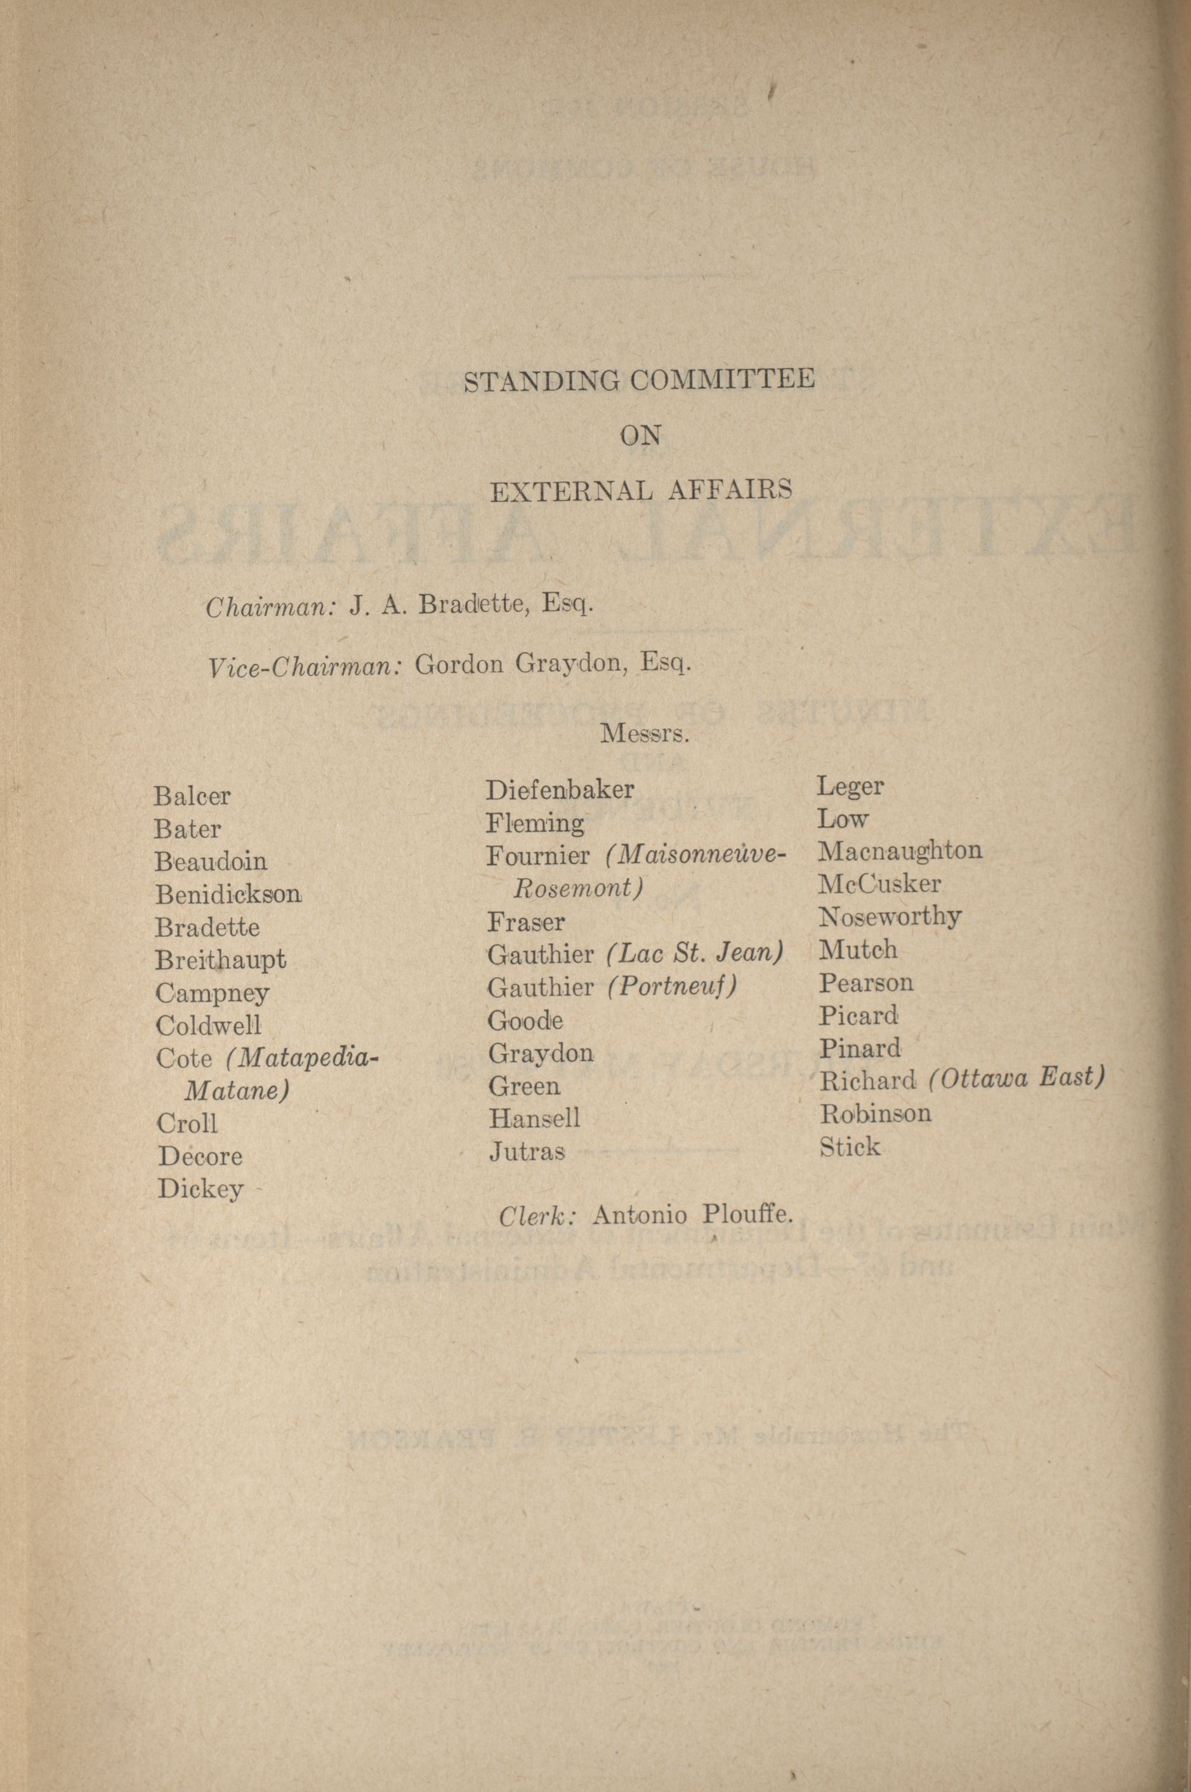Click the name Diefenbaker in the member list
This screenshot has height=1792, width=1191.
pos(559,790)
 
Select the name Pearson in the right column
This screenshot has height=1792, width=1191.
pos(866,983)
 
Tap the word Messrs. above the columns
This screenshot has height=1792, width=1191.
pos(645,735)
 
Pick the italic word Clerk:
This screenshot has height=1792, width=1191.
pos(539,1215)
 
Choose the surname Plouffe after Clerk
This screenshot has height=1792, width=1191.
pos(747,1214)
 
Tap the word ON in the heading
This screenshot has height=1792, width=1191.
pos(640,436)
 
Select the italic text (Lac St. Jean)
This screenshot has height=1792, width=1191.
pos(695,953)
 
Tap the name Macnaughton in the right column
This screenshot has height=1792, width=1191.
pos(899,851)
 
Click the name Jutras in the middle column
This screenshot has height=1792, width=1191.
pos(527,1152)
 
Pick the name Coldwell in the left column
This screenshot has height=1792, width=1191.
pos(208,1026)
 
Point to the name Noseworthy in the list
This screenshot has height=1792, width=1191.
pos(890,917)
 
